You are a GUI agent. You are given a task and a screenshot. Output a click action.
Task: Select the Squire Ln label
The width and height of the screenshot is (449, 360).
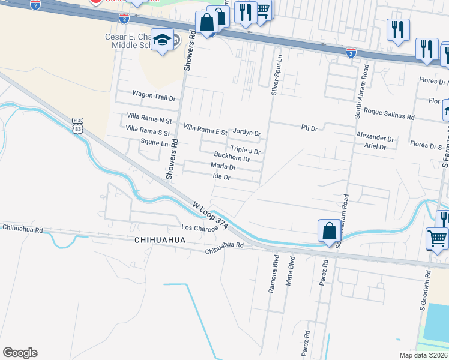point(154,143)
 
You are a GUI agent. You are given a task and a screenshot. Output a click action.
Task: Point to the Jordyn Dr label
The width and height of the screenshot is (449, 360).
point(247,133)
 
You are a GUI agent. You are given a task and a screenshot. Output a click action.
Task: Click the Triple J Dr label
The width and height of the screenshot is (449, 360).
point(246,150)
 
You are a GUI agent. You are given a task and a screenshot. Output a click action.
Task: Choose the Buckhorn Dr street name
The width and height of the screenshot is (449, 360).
point(232,159)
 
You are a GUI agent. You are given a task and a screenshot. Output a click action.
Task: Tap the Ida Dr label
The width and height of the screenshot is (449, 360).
point(221,177)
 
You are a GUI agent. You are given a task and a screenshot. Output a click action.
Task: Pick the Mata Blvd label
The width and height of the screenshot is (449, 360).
point(291,275)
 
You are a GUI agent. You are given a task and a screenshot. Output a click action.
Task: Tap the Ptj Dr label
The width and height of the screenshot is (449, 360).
point(309,128)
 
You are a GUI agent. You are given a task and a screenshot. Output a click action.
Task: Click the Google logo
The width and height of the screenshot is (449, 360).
point(20,353)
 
